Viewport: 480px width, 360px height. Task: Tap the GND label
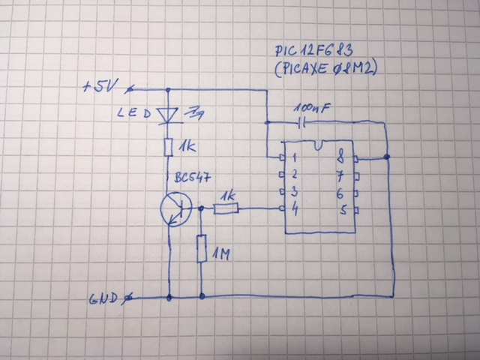pos(103,298)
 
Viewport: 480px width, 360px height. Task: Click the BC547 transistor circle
pos(177,209)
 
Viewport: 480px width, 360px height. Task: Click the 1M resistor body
pos(202,249)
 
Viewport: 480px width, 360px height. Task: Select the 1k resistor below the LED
pos(169,147)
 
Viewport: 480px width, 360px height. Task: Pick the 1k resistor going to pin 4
pos(226,209)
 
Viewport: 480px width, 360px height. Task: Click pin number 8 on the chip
pos(341,158)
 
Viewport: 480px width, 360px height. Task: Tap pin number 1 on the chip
pos(295,159)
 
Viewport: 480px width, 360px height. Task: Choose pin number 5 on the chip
pos(343,209)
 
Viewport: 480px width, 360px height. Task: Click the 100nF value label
pos(311,108)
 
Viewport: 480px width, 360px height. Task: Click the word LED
pos(134,114)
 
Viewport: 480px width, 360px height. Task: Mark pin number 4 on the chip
pos(296,209)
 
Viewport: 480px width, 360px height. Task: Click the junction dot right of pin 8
pos(386,157)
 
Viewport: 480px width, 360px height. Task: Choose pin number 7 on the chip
pos(342,176)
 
